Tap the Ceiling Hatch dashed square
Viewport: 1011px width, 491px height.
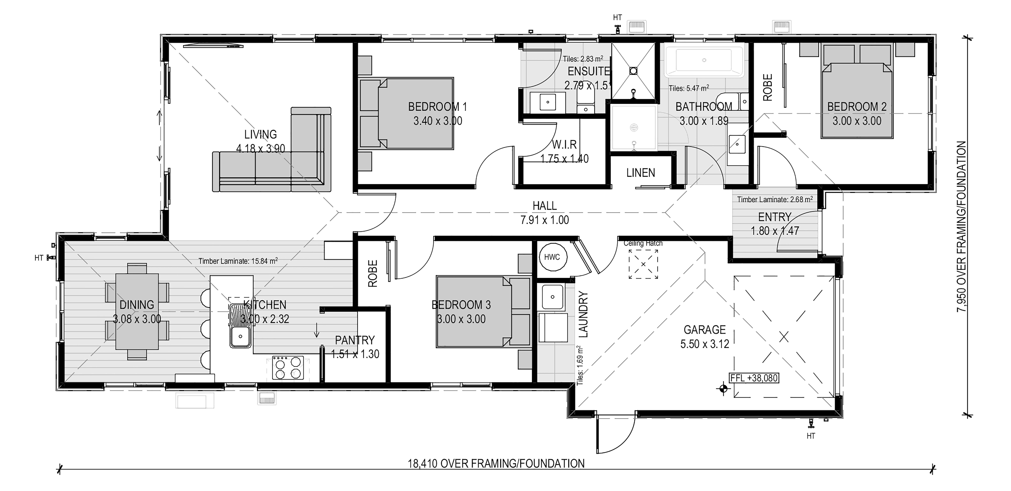643,264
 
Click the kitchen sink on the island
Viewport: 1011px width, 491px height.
240,326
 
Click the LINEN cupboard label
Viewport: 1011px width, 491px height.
641,173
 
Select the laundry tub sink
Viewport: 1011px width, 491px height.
553,297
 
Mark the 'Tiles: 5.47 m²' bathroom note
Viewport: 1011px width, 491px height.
689,88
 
